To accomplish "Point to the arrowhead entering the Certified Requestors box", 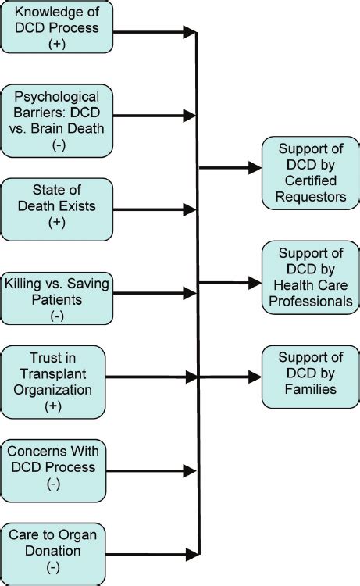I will [x=255, y=167].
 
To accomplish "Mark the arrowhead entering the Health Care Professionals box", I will [x=255, y=283].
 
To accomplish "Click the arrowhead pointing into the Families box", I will [x=255, y=376].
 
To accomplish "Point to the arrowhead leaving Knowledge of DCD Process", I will [x=189, y=32].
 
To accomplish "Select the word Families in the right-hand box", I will [x=310, y=388].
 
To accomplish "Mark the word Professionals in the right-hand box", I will [x=310, y=300].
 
